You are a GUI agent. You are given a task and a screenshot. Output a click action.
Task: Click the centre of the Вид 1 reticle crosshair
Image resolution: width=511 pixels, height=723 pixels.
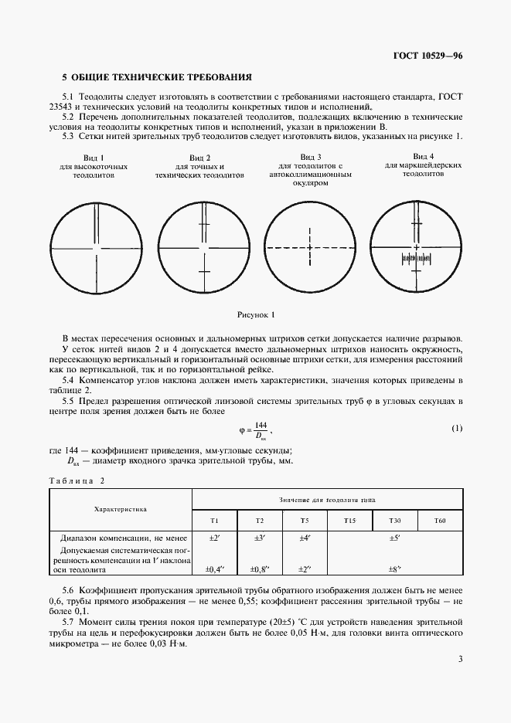click(x=95, y=247)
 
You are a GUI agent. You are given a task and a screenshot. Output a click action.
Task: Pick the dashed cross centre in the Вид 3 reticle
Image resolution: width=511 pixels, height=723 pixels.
click(x=309, y=247)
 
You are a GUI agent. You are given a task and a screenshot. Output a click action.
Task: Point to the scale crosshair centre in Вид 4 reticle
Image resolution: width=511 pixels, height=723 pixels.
click(x=416, y=247)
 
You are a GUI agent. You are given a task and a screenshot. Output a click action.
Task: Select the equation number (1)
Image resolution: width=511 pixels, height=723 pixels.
click(x=456, y=428)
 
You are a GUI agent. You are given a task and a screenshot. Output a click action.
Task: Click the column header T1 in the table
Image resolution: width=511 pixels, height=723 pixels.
click(x=214, y=521)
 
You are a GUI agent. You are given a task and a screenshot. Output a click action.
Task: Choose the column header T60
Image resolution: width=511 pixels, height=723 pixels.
click(x=440, y=521)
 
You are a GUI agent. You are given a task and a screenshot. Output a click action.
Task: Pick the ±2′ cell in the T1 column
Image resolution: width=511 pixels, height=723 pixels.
click(x=215, y=538)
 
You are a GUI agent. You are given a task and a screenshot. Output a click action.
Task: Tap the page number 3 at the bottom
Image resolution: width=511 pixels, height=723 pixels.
click(x=460, y=659)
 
